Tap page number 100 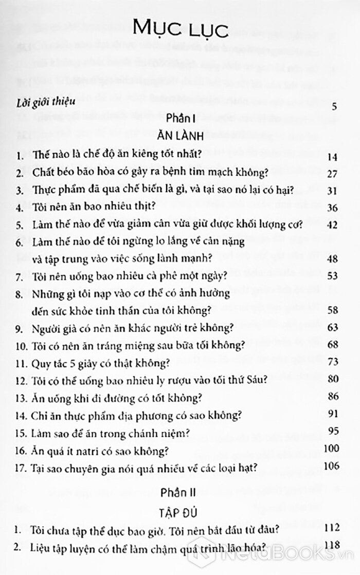[x=330, y=449]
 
